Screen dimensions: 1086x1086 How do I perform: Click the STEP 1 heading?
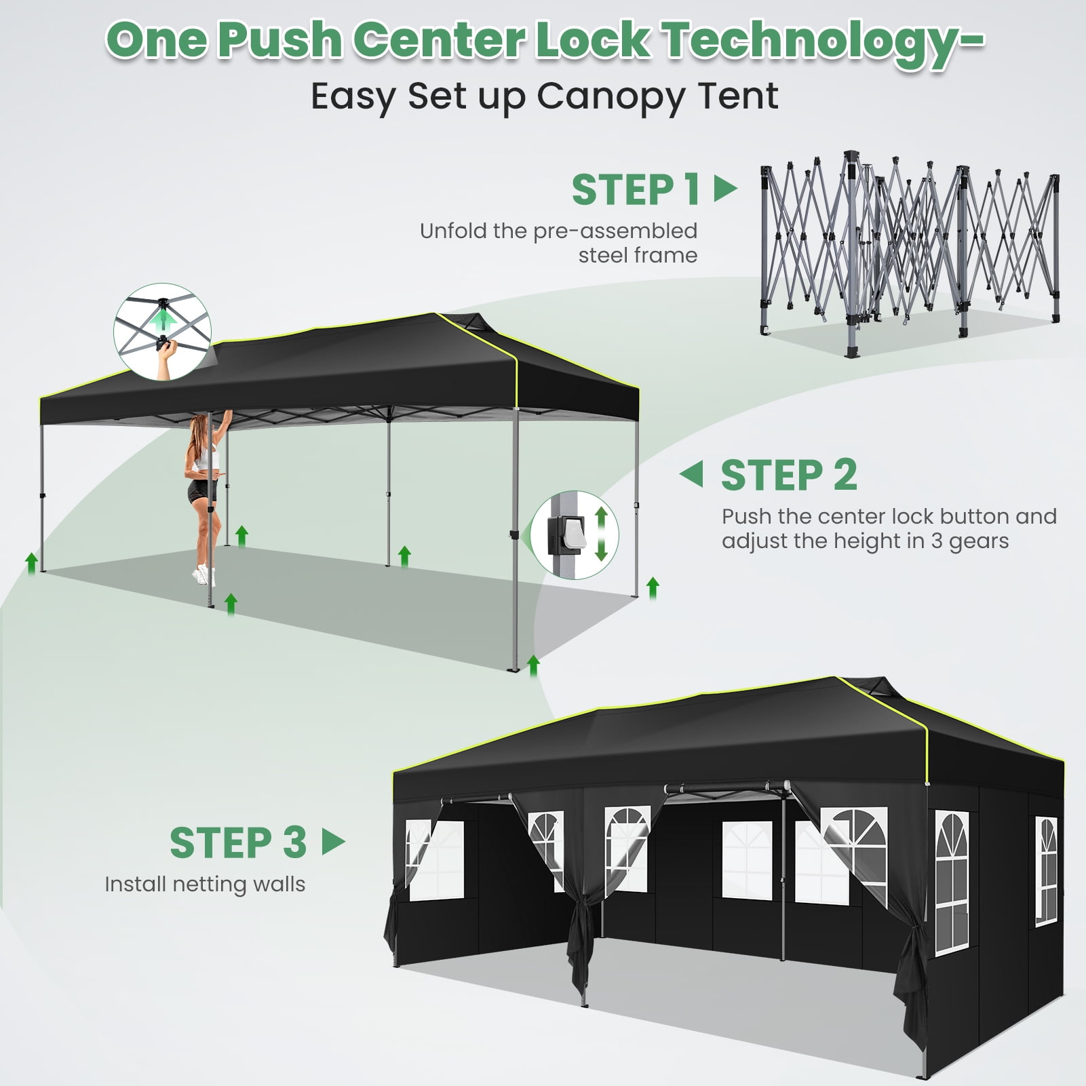click(636, 189)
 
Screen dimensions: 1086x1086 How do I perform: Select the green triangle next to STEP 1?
click(725, 189)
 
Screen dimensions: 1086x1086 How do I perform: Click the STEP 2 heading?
click(789, 475)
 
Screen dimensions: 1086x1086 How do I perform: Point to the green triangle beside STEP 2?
click(691, 474)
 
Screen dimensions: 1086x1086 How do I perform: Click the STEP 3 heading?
click(238, 842)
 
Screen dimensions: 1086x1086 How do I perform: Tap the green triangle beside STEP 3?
click(334, 842)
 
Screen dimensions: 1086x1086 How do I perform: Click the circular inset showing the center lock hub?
click(162, 331)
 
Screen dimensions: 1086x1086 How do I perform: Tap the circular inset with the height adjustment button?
click(575, 535)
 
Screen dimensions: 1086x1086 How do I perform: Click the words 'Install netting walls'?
click(205, 885)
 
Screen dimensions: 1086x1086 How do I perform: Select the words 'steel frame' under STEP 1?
click(638, 255)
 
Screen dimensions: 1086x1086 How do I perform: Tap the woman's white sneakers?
click(203, 576)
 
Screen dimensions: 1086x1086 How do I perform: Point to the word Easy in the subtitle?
click(352, 97)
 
